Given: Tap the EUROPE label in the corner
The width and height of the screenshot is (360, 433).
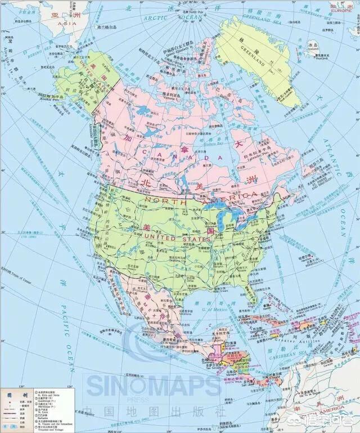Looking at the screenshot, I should coord(340,10).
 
